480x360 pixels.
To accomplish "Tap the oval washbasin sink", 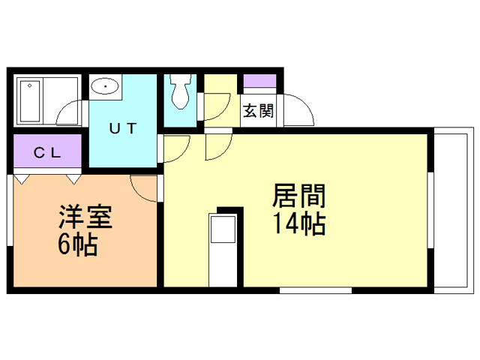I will coord(107,87).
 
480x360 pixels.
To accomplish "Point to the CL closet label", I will coord(46,153).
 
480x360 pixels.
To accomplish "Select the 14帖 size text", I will coord(298,223).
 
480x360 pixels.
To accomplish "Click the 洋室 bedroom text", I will coord(85,218).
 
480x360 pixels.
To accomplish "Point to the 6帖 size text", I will coord(78,244).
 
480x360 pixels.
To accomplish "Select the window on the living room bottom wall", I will coord(315,289).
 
